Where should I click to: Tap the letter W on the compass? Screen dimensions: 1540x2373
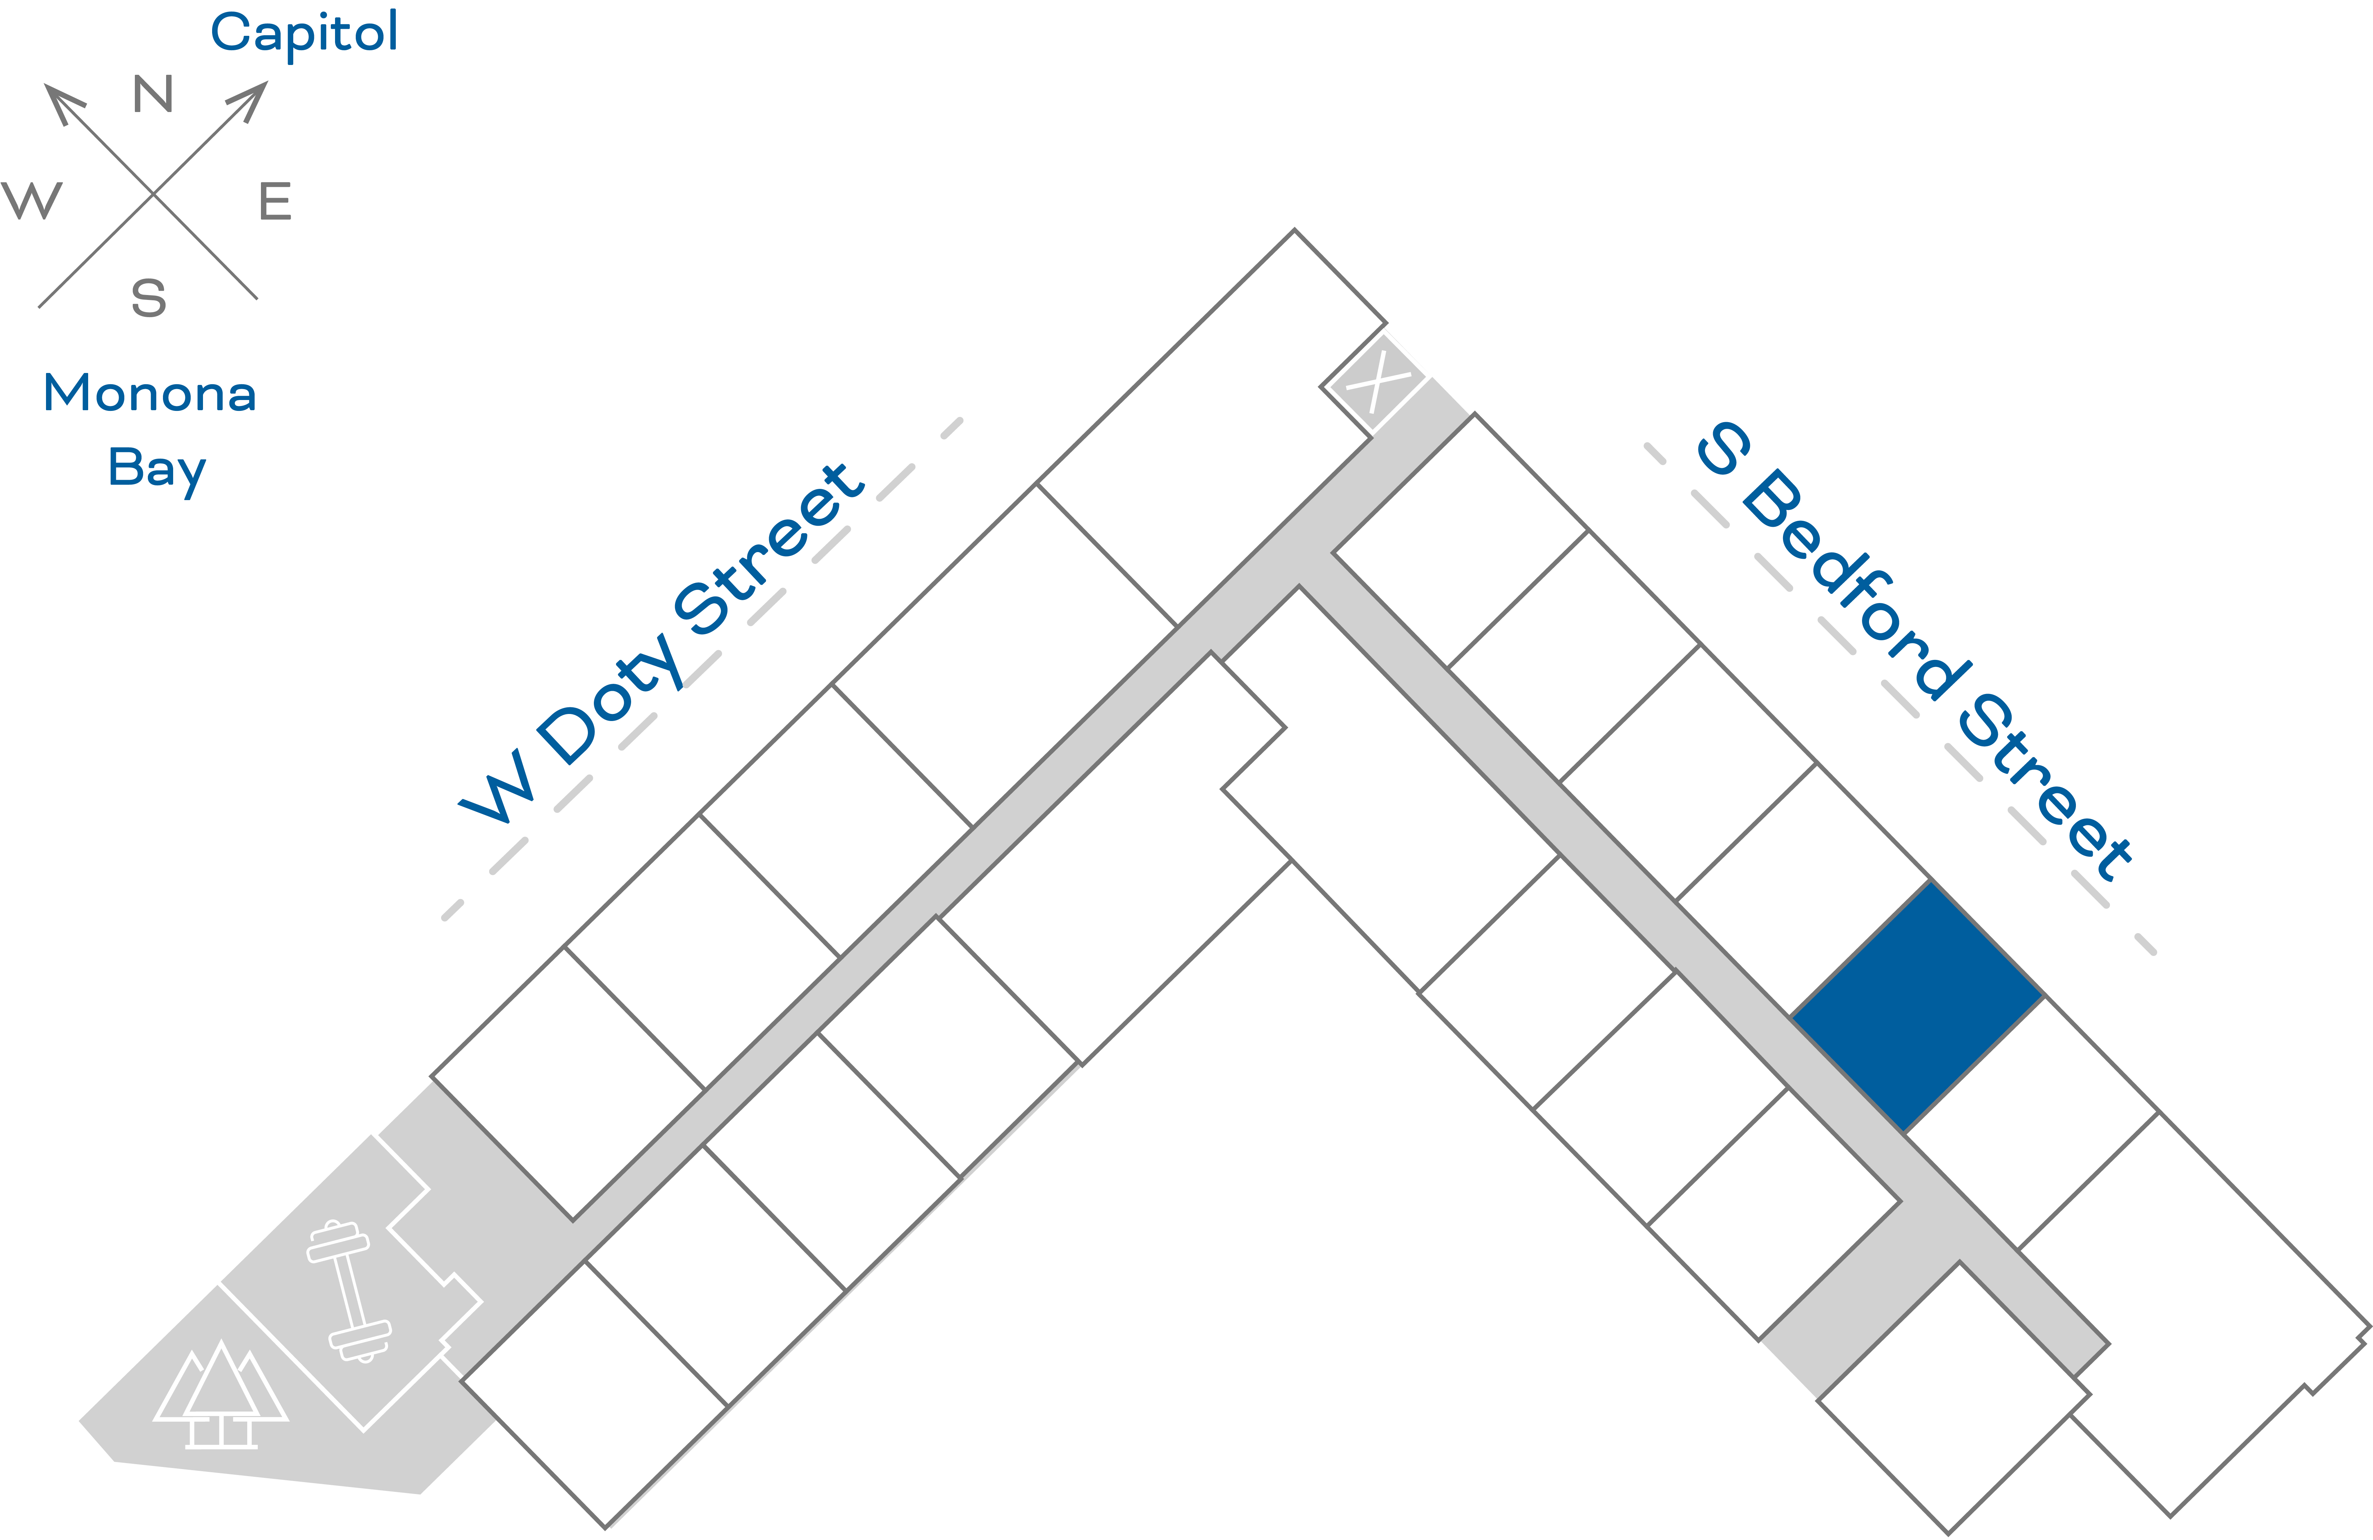click(32, 200)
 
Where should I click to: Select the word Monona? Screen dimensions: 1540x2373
click(150, 394)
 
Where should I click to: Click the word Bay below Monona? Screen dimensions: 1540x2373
click(157, 468)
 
